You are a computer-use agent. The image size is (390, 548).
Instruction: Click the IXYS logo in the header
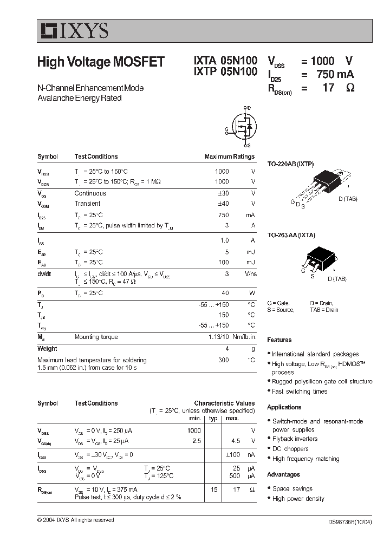[73, 31]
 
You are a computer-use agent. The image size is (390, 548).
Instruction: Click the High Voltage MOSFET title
[101, 62]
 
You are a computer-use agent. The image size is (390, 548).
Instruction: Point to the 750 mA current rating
[335, 74]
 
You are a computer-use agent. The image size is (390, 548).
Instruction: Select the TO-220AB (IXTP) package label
[291, 164]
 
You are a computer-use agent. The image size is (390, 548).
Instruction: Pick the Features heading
[279, 340]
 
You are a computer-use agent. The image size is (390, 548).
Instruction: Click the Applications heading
[284, 407]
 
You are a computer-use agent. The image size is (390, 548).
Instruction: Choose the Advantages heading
[283, 474]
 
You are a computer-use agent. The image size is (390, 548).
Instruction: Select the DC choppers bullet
[290, 449]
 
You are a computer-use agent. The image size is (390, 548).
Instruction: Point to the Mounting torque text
[96, 337]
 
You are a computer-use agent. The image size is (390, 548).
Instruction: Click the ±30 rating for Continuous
[222, 193]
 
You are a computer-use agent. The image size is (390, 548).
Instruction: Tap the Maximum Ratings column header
[229, 156]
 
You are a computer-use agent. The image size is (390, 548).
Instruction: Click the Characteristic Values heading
[224, 403]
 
